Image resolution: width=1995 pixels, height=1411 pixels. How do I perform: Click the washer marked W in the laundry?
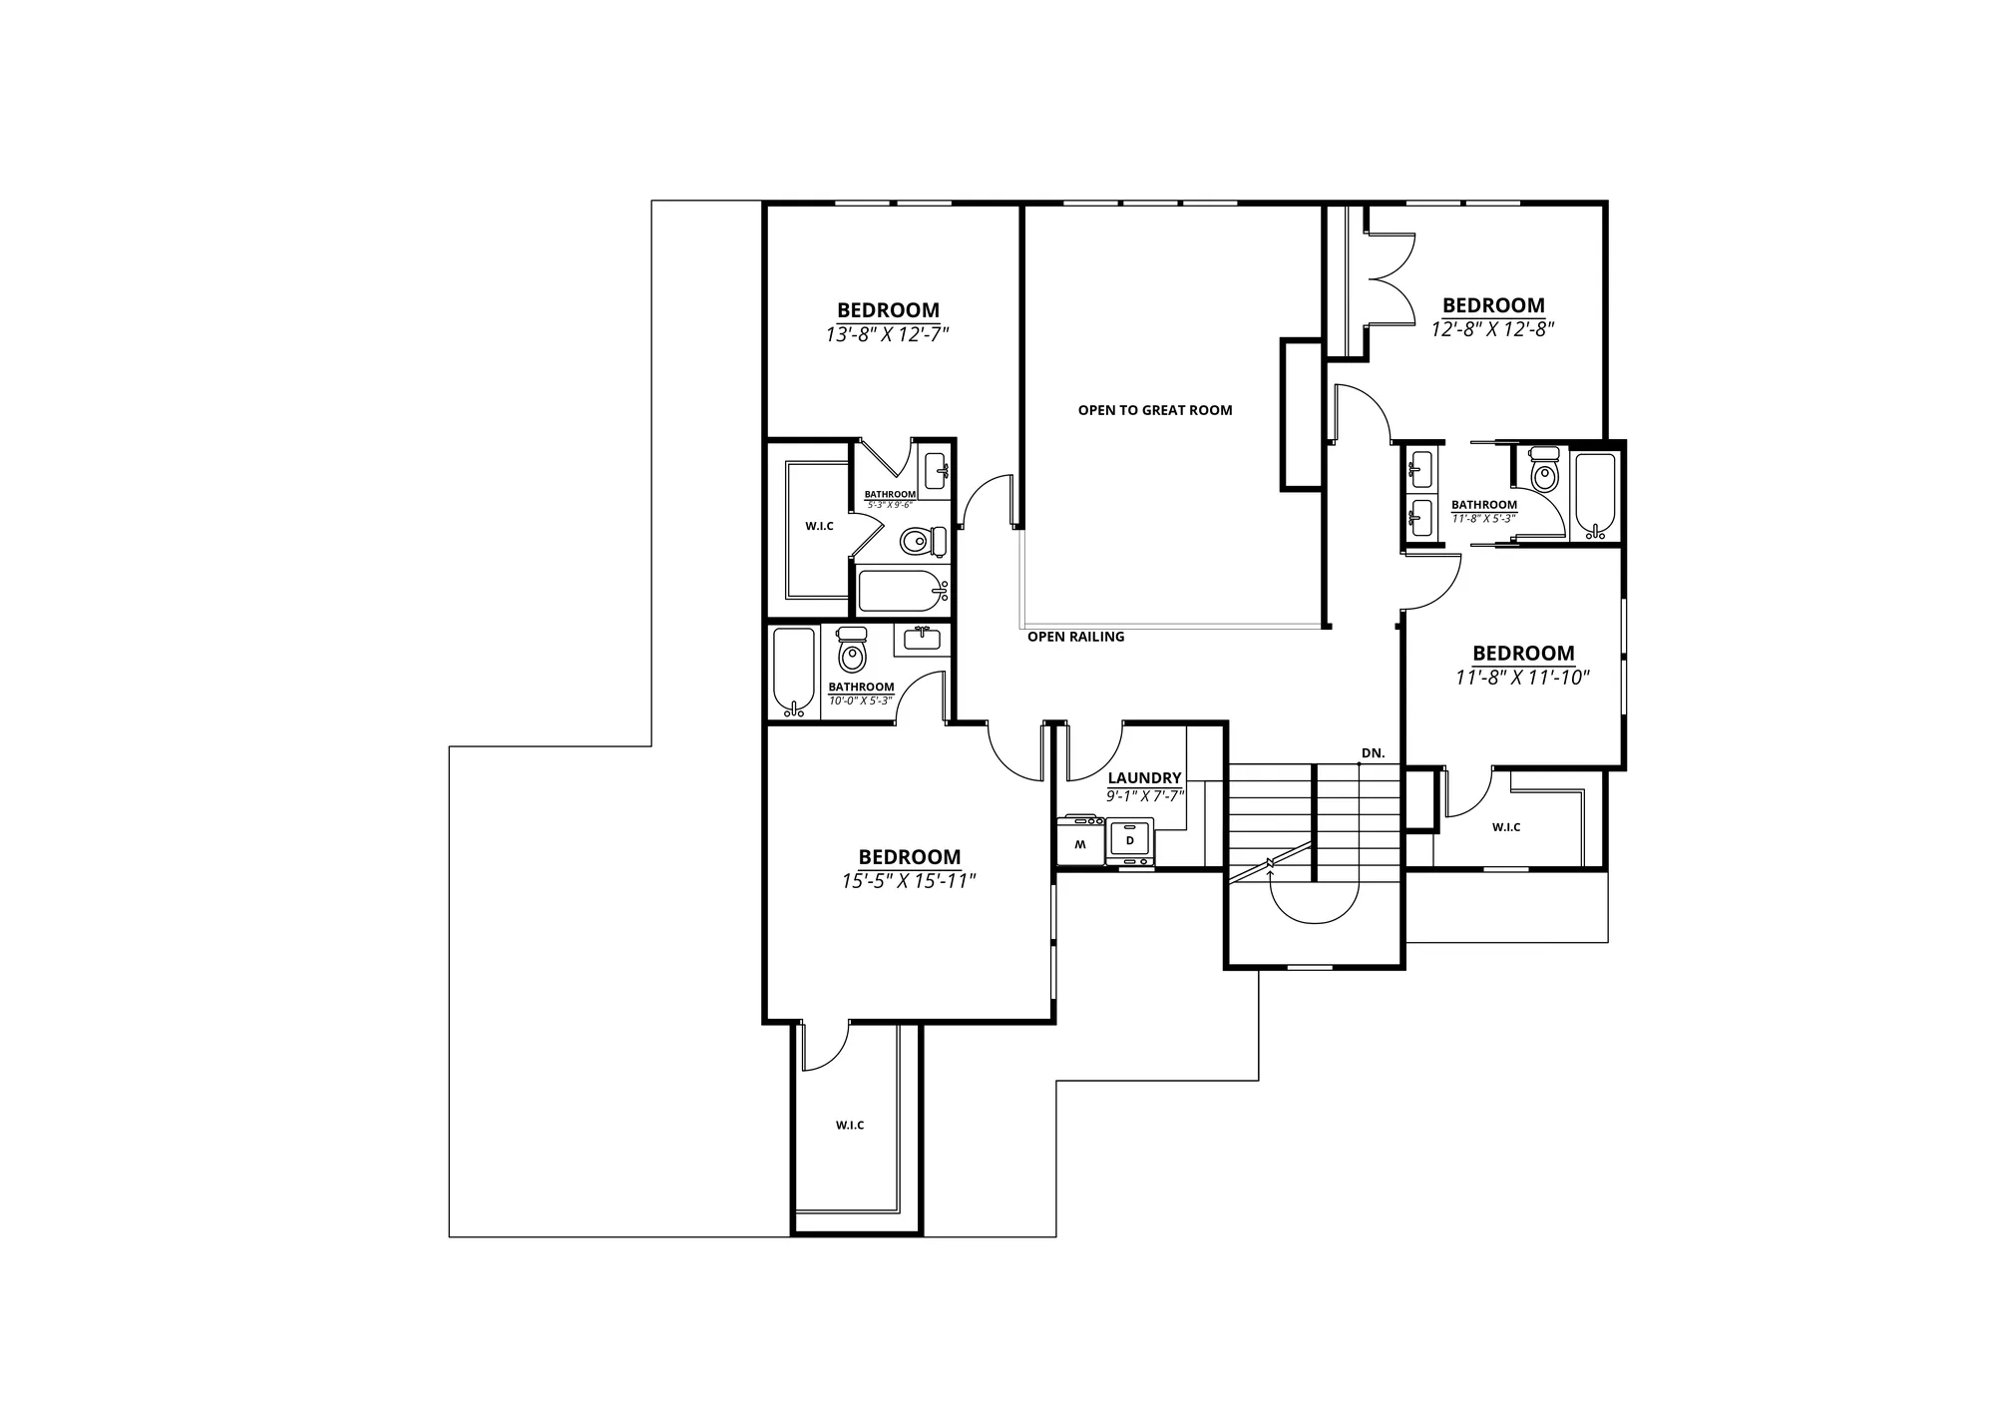click(x=1081, y=840)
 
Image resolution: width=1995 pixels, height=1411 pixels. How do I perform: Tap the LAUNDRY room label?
click(x=1144, y=778)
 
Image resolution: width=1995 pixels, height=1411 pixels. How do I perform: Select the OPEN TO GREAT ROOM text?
click(x=1155, y=410)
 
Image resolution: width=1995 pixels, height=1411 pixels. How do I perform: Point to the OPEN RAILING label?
click(x=1075, y=637)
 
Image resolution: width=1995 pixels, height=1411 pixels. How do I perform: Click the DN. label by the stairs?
click(x=1374, y=753)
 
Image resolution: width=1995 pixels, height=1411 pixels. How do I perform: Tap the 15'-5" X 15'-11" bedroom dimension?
click(x=909, y=881)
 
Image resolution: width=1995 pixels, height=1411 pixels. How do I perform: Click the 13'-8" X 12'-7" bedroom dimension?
click(x=887, y=334)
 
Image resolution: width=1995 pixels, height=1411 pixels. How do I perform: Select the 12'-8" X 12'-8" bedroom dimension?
click(x=1493, y=328)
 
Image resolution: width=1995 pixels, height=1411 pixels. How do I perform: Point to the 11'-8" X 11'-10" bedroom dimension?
click(x=1522, y=678)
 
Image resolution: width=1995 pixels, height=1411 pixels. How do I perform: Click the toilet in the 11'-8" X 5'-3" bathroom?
click(x=1544, y=471)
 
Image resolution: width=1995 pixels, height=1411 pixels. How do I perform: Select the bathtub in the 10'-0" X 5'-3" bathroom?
click(x=794, y=672)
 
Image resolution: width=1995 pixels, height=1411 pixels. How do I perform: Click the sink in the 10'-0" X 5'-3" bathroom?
click(x=923, y=640)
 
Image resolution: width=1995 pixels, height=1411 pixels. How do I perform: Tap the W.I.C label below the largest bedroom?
click(x=850, y=1126)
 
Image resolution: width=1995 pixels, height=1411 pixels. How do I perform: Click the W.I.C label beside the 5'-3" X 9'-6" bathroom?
click(x=819, y=526)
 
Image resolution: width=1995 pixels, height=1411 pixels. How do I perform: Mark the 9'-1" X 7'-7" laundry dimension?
click(x=1144, y=796)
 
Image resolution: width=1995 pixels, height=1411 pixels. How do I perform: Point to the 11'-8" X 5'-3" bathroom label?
click(x=1484, y=505)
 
